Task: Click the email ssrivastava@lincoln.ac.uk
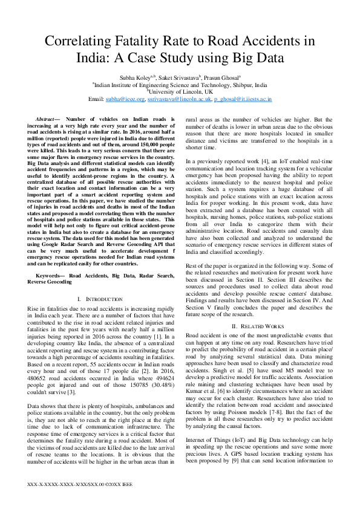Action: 181,99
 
